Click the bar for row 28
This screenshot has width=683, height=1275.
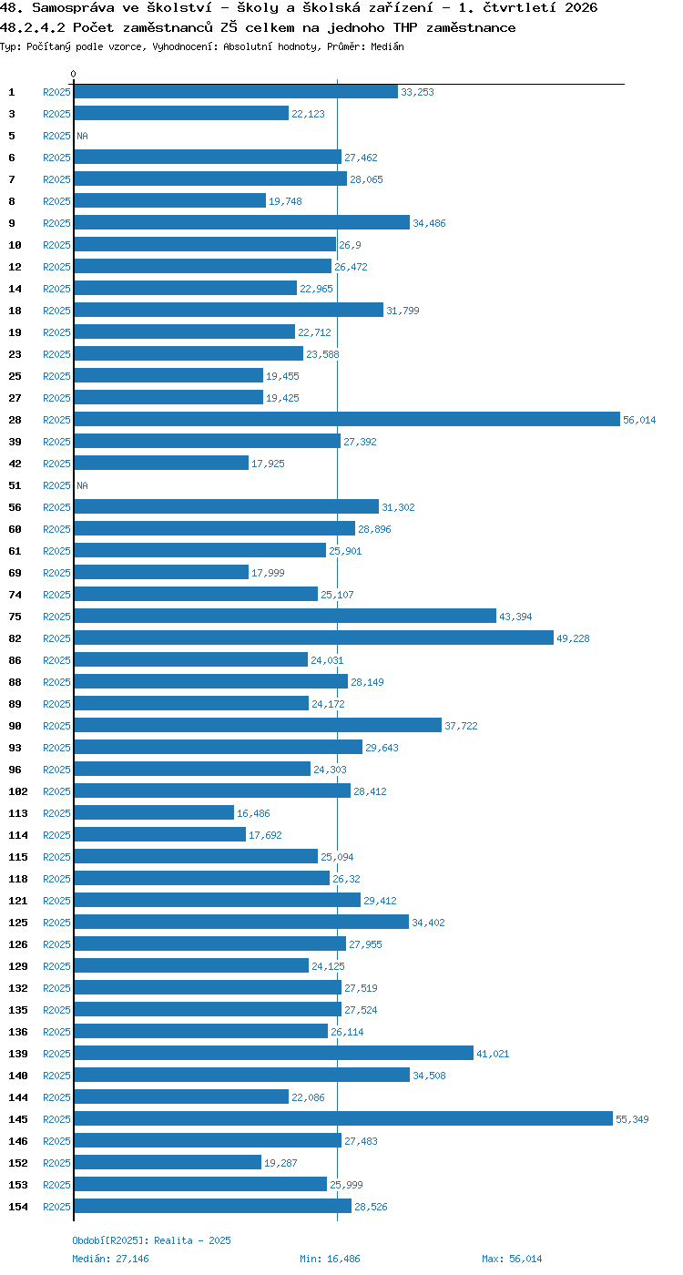[x=347, y=420]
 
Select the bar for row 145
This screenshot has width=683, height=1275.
[x=344, y=1119]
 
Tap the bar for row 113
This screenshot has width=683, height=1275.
[x=154, y=812]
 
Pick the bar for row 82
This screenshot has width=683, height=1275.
[x=314, y=638]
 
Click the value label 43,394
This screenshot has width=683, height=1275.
[x=515, y=617]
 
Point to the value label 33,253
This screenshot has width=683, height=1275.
[x=417, y=92]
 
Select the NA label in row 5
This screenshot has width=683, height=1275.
[x=83, y=136]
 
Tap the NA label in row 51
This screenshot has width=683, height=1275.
[x=83, y=485]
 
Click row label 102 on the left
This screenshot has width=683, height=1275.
[x=17, y=791]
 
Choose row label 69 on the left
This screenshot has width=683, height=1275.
[x=15, y=573]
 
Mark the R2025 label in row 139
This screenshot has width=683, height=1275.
[x=56, y=1054]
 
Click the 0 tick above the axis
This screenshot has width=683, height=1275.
[x=74, y=74]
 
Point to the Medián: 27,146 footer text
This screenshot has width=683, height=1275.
[x=110, y=1259]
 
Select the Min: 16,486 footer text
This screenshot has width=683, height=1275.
[x=330, y=1259]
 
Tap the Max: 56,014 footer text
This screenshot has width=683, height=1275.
[x=512, y=1259]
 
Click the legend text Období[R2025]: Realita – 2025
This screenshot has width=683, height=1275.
[x=151, y=1240]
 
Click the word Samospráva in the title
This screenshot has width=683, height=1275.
[x=73, y=7]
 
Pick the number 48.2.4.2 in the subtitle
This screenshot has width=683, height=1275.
[x=33, y=27]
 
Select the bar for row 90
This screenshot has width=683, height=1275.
[x=258, y=725]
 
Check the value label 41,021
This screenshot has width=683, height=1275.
[x=493, y=1054]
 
